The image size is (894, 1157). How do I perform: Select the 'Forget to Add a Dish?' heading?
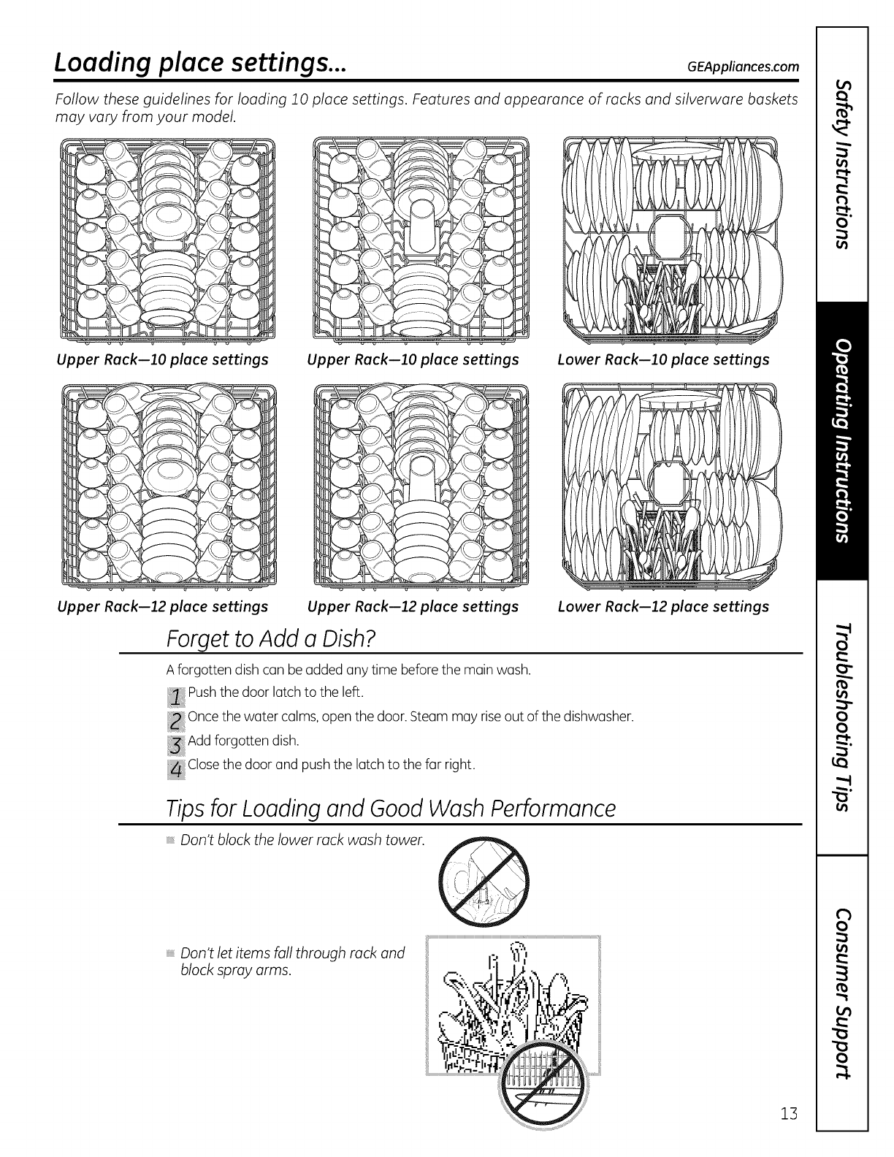271,638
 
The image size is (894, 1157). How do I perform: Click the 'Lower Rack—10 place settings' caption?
663,359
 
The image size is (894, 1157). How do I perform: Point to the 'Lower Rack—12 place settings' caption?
663,606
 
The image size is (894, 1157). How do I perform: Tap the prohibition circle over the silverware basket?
548,1084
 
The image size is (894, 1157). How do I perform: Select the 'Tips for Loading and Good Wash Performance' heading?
391,809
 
